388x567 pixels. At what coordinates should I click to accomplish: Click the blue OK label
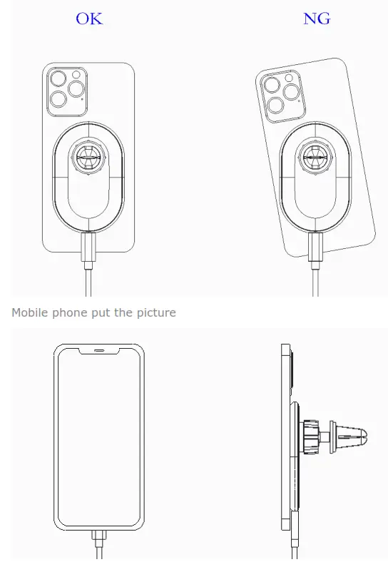89,19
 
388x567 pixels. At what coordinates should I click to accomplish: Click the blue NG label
317,19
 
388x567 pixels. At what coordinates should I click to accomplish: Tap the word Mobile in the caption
29,312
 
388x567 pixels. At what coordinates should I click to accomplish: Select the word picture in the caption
153,312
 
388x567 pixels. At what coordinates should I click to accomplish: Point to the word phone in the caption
70,312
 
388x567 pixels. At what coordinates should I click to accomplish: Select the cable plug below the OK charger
89,250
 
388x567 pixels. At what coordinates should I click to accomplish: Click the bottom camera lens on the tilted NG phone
275,106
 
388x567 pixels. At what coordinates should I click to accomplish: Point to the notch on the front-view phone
100,350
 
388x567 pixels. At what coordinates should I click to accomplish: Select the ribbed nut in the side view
312,433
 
